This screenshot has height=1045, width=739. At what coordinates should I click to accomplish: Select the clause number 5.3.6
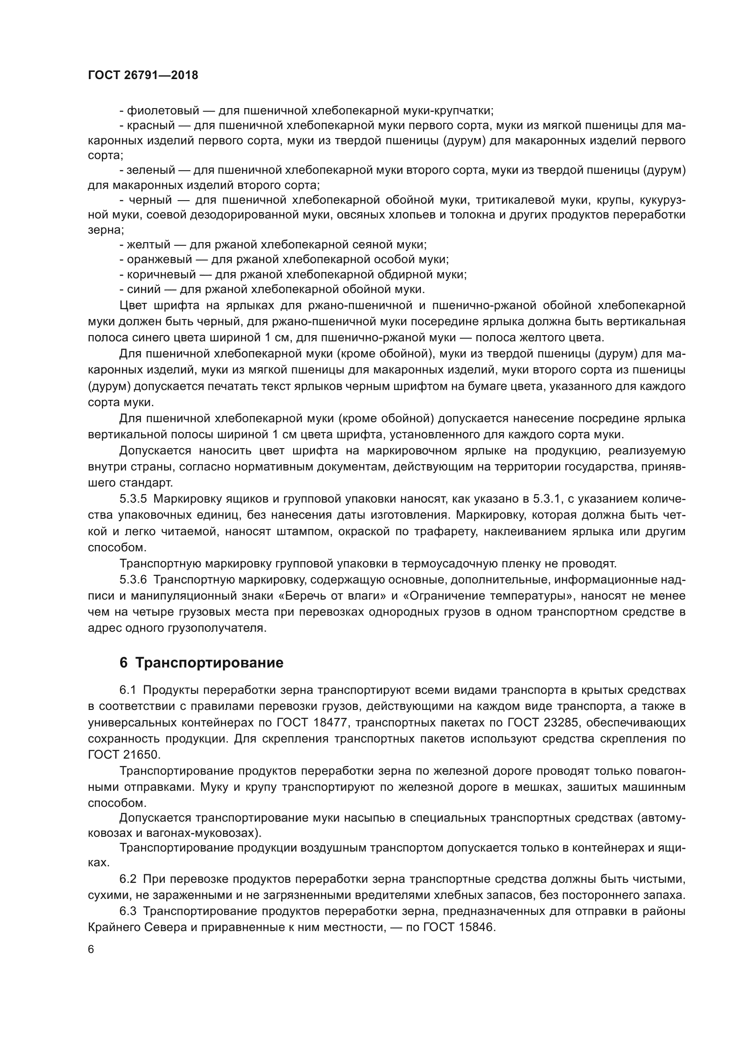tap(133, 580)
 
